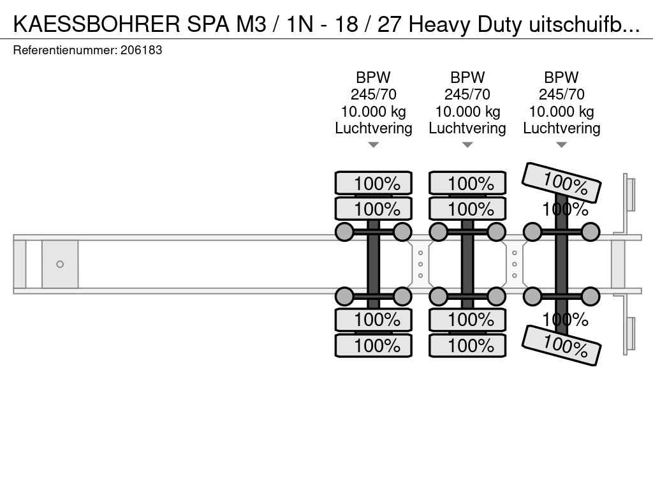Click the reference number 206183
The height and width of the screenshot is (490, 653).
point(141,50)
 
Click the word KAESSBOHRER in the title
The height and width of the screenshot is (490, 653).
point(97,24)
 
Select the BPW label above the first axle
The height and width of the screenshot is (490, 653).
point(373,77)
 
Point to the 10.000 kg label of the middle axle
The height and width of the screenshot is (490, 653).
point(467,112)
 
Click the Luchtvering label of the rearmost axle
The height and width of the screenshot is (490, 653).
point(561,128)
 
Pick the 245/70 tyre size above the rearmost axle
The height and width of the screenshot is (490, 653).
point(561,94)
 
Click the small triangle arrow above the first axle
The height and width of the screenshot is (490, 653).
point(373,145)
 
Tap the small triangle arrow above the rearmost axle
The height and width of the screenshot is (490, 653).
point(561,145)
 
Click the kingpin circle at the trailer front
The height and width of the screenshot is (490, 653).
point(60,264)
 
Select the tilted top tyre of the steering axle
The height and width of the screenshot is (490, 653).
point(561,182)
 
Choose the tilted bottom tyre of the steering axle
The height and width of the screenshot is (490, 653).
point(561,345)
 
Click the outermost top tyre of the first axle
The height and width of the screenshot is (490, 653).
point(374,182)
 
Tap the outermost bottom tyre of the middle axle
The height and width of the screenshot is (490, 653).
point(467,345)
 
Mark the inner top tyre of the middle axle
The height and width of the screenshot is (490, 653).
point(467,209)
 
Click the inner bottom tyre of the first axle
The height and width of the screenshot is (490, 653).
point(374,320)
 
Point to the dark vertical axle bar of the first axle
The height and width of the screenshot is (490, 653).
point(374,264)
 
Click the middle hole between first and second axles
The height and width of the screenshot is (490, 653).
point(421,264)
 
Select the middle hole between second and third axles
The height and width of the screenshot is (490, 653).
point(515,264)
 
